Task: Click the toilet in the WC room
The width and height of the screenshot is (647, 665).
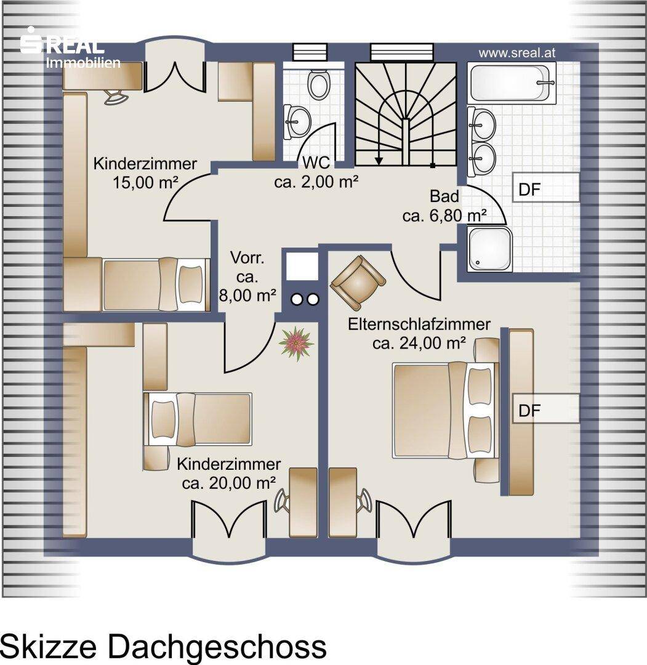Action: pos(318,84)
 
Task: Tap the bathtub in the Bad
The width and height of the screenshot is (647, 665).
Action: pos(512,83)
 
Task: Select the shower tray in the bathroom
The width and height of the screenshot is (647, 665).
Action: pos(489,249)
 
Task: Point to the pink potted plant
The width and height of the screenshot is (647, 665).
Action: pos(296,344)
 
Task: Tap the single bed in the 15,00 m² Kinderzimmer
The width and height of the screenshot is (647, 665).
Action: pos(156,284)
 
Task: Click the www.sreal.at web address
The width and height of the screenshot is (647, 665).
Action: pos(516,53)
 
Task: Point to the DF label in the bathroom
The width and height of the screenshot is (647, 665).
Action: pos(529,190)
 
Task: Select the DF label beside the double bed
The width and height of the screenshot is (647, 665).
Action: pos(529,410)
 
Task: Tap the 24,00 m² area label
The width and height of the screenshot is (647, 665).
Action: pos(419,343)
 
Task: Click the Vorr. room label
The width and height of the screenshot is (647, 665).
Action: pos(247,257)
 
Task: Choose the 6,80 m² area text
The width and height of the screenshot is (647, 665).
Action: pos(444,216)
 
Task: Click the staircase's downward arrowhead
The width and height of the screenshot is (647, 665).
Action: pos(379,160)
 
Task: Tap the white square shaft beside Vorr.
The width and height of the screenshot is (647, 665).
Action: pos(302,266)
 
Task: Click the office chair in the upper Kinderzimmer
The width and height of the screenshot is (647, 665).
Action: pos(116,97)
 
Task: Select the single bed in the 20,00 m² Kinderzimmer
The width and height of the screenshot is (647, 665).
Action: pos(198,419)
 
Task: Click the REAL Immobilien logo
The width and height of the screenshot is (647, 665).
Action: pos(70,48)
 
